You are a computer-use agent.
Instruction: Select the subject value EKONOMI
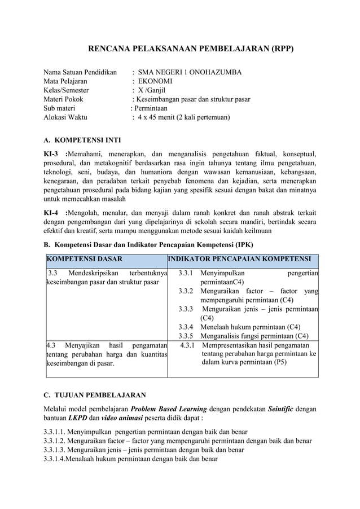click(155, 81)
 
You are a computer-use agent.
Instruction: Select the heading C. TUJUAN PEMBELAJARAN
click(95, 395)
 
